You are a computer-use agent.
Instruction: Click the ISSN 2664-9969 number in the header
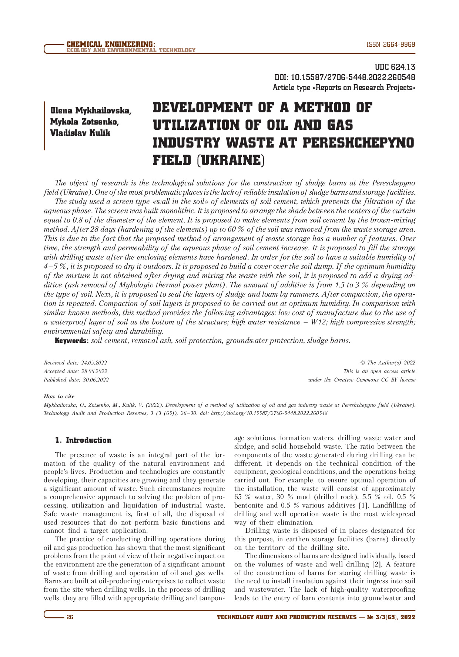coord(391,44)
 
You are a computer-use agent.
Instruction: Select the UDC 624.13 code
coord(395,67)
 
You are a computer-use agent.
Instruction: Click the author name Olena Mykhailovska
coord(91,110)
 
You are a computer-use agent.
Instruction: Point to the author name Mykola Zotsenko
coord(84,122)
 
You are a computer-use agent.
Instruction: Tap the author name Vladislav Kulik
coord(80,133)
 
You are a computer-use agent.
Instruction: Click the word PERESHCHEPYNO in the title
coord(358,143)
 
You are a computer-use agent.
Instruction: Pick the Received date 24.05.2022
coord(76,363)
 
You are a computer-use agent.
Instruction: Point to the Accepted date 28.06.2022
coord(76,371)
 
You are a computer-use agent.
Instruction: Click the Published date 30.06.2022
coord(76,380)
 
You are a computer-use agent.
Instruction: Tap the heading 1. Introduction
coord(83,440)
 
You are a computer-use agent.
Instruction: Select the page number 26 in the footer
coord(70,617)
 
